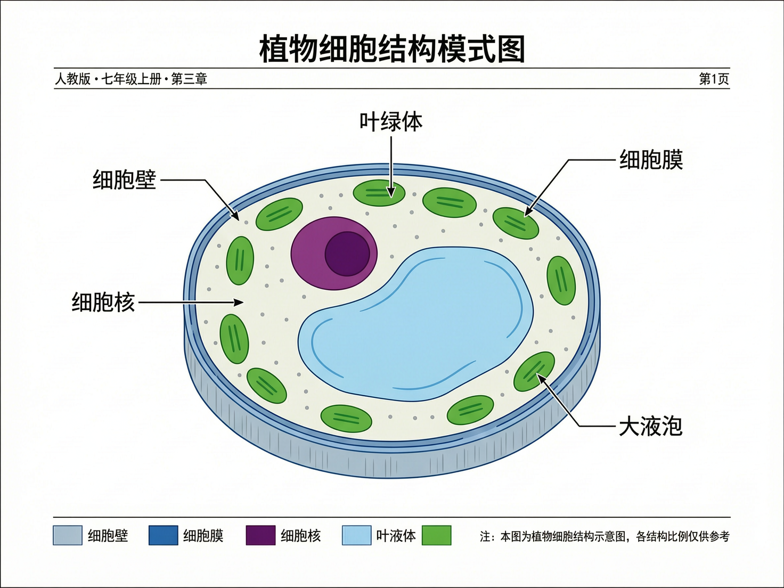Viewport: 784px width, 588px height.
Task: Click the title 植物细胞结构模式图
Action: click(392, 49)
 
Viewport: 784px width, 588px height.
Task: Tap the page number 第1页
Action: click(714, 79)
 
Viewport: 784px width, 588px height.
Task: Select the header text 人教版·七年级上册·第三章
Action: click(131, 79)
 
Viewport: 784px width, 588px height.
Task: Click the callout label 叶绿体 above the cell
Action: click(391, 122)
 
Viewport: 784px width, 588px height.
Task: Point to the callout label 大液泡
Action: click(650, 427)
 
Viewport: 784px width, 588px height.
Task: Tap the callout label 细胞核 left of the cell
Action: click(103, 303)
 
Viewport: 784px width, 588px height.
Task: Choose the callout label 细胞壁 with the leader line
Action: click(124, 180)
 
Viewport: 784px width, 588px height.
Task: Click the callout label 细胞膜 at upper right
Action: click(651, 160)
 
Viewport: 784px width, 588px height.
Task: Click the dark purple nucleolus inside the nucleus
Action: click(347, 254)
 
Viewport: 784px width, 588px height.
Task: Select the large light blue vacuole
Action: click(421, 330)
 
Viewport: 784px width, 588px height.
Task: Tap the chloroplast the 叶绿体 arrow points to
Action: click(379, 192)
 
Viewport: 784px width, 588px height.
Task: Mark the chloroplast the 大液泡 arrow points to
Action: click(534, 371)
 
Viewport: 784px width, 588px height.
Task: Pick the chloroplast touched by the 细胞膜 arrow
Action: click(516, 223)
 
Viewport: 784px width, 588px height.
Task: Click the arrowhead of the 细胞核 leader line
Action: click(239, 303)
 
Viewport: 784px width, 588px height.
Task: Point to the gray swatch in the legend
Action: click(68, 535)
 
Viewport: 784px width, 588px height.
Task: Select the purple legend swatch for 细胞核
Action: click(260, 535)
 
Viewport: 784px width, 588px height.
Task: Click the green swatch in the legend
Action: click(436, 535)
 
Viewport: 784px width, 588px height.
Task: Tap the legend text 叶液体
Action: click(396, 536)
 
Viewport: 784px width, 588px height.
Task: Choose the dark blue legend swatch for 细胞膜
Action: click(163, 535)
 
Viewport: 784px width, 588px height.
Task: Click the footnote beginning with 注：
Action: click(605, 536)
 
